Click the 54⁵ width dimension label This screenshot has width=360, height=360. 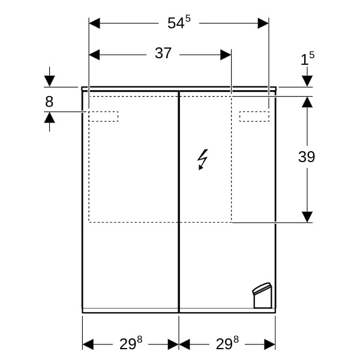point(179,22)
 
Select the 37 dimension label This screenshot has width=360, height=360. point(163,53)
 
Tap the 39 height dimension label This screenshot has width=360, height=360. point(307,157)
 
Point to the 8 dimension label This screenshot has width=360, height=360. point(49,101)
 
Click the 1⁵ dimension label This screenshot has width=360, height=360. point(308,58)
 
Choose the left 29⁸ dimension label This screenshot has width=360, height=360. point(131,343)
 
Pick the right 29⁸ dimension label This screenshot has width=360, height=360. point(227,343)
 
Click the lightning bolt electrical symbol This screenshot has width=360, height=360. point(203,160)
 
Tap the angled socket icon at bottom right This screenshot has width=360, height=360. point(262,295)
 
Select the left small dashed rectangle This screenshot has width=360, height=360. point(104,116)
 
